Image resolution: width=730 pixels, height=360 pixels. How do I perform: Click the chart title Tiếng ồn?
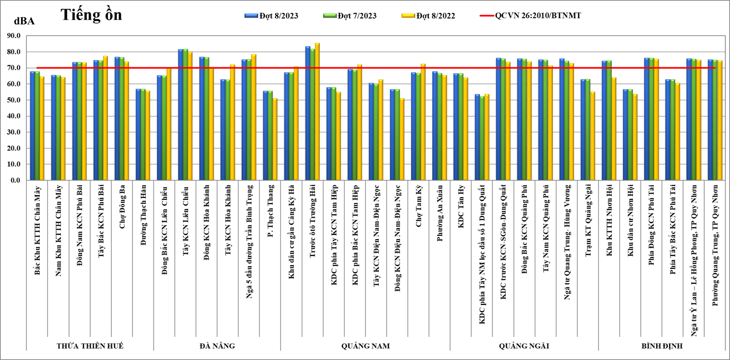pyautogui.click(x=91, y=15)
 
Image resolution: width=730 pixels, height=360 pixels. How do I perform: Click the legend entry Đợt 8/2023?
pyautogui.click(x=271, y=16)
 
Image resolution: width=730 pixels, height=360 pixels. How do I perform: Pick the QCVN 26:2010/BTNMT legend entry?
pyautogui.click(x=538, y=16)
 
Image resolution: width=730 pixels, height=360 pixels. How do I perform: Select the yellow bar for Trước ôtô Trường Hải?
pyautogui.click(x=317, y=112)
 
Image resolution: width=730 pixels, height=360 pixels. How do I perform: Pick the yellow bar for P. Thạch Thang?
pyautogui.click(x=275, y=139)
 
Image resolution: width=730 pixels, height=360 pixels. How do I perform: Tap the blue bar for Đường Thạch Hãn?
pyautogui.click(x=139, y=134)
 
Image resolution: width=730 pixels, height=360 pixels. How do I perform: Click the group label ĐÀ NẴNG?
pyautogui.click(x=216, y=346)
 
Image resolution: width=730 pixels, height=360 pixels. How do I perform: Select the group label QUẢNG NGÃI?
pyautogui.click(x=523, y=346)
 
